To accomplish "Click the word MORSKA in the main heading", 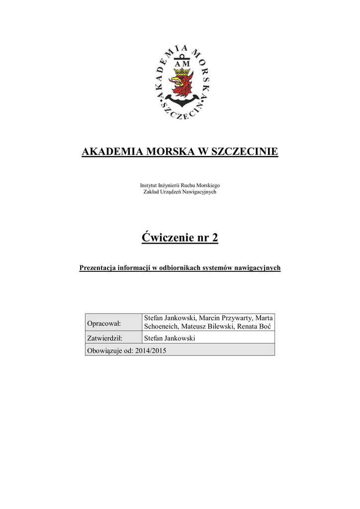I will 172,152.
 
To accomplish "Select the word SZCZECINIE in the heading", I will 245,152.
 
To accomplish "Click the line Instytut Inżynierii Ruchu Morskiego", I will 180,185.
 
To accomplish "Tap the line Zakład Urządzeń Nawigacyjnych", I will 180,192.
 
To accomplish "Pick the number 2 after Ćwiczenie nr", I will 215,238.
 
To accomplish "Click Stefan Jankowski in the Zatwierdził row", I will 169,338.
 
